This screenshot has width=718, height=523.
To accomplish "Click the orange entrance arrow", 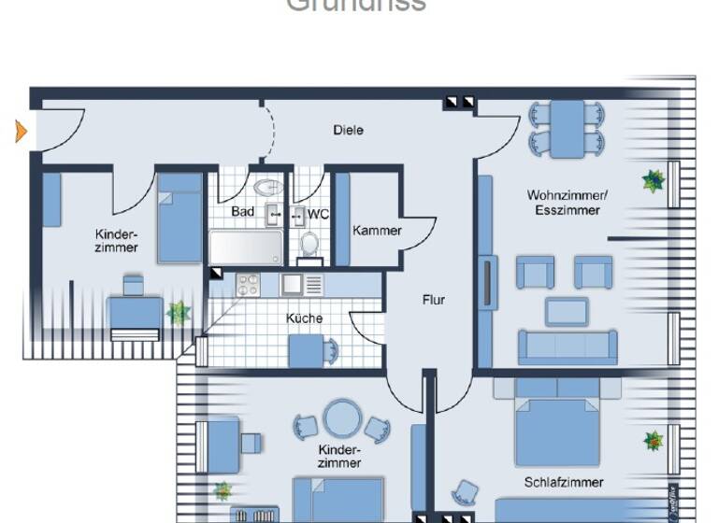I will [21, 132].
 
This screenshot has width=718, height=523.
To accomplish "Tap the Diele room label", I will [348, 131].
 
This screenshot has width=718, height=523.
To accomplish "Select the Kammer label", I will [377, 231].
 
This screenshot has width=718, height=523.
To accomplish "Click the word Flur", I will [433, 300].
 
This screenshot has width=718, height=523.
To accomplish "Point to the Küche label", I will [304, 318].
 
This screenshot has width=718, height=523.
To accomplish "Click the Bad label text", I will [243, 212].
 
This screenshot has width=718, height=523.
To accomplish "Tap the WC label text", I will [318, 214].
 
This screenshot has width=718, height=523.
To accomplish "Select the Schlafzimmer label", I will [564, 483].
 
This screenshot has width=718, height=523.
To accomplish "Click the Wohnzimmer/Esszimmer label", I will [567, 203].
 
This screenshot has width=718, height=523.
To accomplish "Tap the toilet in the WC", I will [309, 243].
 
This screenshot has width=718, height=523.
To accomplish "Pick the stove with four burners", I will [248, 283].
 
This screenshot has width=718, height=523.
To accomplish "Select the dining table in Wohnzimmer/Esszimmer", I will [567, 129].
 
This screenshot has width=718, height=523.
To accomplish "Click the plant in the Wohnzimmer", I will [653, 181].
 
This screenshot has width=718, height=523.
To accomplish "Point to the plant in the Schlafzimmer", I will [653, 439].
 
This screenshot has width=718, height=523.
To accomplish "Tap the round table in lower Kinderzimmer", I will [341, 417].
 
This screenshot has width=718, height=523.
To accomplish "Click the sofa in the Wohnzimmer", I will [567, 346].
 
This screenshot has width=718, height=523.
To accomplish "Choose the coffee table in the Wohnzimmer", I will [567, 310].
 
